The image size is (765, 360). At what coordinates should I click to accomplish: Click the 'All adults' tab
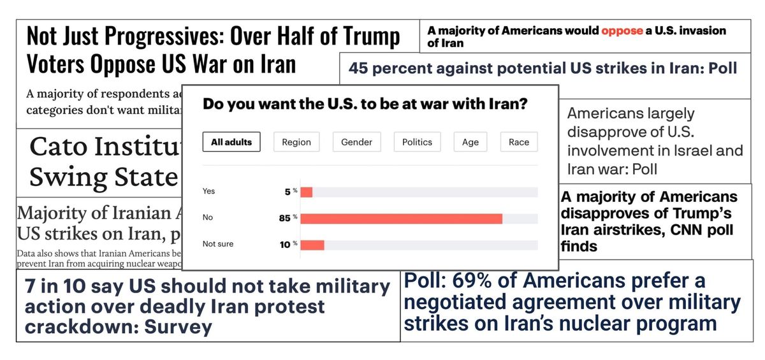click(x=231, y=142)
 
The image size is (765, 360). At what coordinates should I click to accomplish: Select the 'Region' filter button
click(x=296, y=142)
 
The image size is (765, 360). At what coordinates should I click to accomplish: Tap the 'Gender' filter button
click(x=356, y=142)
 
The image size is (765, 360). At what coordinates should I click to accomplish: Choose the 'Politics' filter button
click(x=417, y=142)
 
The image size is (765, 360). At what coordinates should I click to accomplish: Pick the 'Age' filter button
click(x=470, y=142)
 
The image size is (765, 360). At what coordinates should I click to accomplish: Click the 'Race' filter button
click(x=518, y=142)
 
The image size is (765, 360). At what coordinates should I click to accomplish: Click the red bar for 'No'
click(x=401, y=219)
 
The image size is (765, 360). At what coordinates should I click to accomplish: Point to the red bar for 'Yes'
click(x=306, y=192)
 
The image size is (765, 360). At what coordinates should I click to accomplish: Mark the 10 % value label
click(x=288, y=245)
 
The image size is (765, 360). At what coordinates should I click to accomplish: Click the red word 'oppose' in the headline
click(x=622, y=31)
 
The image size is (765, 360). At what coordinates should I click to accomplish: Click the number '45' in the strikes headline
click(x=358, y=68)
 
